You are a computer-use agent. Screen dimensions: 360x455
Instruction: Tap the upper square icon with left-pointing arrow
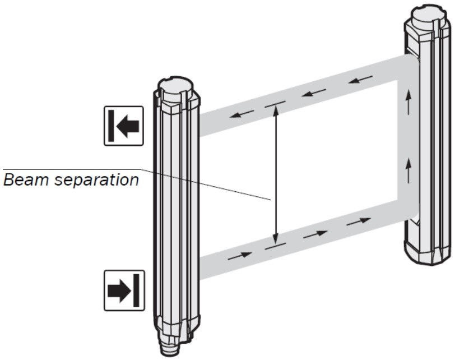point(123,126)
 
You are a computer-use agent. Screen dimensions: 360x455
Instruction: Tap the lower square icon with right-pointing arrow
point(124,290)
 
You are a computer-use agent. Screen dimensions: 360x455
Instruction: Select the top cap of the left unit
point(176,89)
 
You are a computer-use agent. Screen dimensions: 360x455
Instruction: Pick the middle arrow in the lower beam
point(314,234)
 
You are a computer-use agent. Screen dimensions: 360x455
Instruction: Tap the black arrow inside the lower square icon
point(119,290)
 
